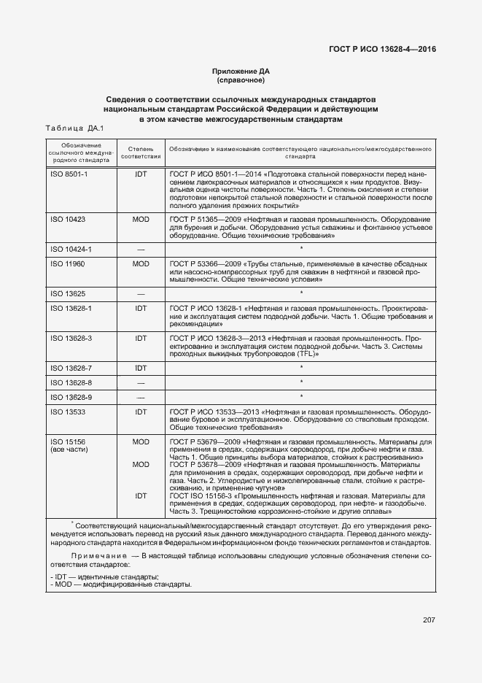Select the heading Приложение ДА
click(241, 71)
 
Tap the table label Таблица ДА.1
click(75, 128)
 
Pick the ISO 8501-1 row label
click(69, 176)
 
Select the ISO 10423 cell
click(67, 219)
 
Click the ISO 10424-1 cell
click(71, 250)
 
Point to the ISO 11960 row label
click(67, 263)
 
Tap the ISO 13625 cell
click(67, 293)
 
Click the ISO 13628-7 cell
click(71, 368)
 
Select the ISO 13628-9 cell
click(71, 397)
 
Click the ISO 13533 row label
click(67, 412)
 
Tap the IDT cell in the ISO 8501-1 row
click(141, 176)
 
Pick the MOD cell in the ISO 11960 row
click(141, 263)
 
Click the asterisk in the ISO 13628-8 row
click(301, 382)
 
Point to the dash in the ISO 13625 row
click(141, 293)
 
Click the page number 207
click(428, 620)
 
